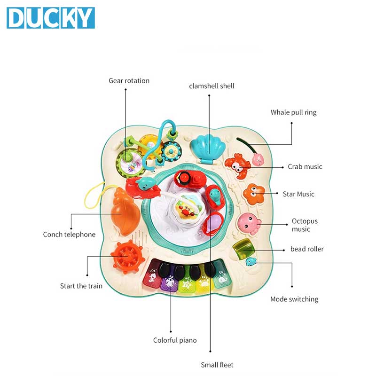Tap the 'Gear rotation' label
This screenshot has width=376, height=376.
coord(129,81)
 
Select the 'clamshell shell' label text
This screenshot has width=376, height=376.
coord(211,86)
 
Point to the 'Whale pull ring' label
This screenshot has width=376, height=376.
coord(293,112)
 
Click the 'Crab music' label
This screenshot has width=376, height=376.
coord(305,167)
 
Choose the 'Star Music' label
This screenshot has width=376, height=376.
coord(298,194)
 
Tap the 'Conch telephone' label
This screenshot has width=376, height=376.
coord(69,235)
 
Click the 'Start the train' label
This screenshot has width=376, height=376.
coord(81,286)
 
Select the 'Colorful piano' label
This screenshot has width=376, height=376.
coord(175,340)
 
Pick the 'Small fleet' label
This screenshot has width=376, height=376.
coord(217,365)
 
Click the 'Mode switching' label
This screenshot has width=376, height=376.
coord(294,299)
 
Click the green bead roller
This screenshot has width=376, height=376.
coord(244,248)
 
